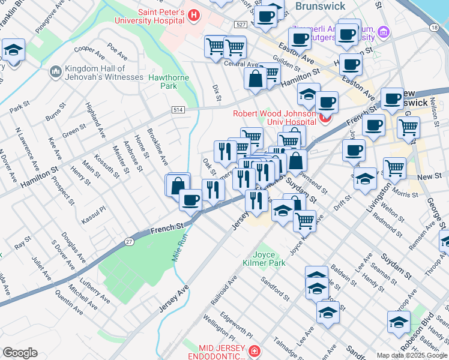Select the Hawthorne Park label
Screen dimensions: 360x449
168,82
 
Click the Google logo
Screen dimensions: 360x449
20,353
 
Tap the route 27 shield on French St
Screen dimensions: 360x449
130,241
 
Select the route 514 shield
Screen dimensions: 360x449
177,110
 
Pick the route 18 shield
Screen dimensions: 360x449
434,28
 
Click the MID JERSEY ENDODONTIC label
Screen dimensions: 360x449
221,353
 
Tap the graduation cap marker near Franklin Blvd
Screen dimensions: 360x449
13,52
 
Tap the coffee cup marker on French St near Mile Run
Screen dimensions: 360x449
190,201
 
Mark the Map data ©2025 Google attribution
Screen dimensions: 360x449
411,355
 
